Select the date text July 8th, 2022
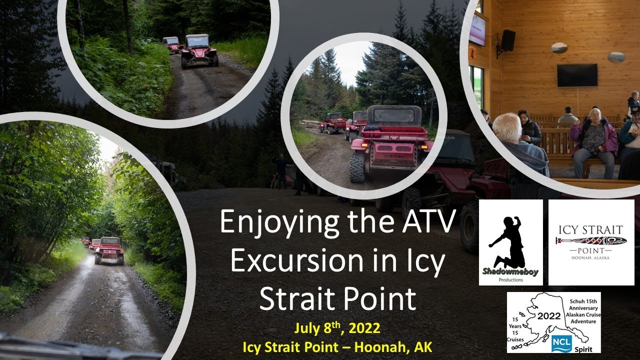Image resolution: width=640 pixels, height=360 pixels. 337,329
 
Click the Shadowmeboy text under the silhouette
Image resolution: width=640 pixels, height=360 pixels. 510,272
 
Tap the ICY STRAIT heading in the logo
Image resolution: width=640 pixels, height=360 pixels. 591,230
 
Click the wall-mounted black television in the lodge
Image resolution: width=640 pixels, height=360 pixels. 577,75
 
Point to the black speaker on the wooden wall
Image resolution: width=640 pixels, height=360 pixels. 507,40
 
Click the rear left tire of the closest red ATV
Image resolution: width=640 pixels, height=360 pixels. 357,167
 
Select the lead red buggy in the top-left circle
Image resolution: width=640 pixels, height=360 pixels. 199,50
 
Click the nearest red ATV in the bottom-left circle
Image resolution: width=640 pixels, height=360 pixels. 109,249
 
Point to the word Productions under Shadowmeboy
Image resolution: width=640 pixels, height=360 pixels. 510,279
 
